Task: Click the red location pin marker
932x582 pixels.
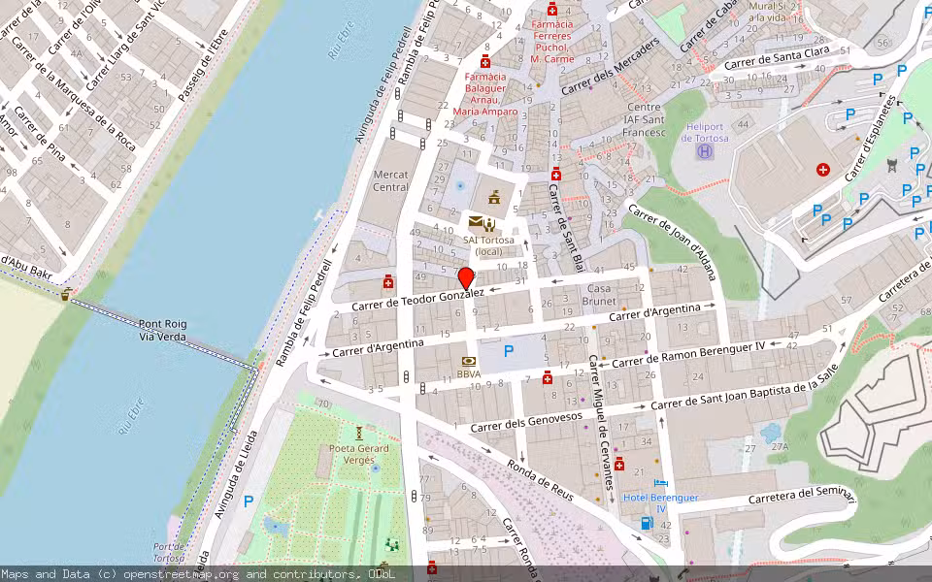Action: (466, 278)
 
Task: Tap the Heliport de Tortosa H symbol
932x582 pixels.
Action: (705, 151)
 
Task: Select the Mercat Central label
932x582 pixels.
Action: (390, 180)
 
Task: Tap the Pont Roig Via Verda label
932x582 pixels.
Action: (163, 330)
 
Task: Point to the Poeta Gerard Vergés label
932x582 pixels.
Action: (358, 454)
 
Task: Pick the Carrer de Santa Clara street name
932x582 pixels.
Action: (777, 60)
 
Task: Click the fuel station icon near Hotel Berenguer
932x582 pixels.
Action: (647, 523)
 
